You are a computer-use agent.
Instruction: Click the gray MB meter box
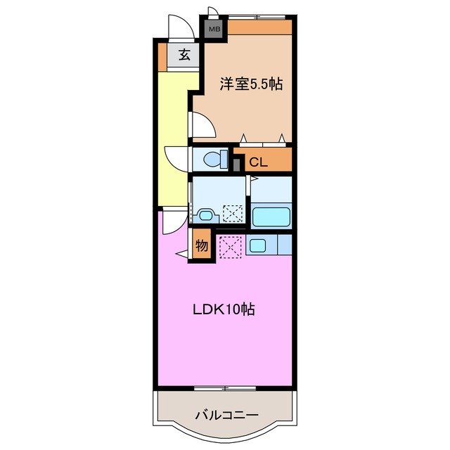click(212, 30)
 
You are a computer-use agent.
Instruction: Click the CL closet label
click(259, 162)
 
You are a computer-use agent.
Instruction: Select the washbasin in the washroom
click(205, 216)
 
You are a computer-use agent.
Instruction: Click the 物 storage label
click(201, 247)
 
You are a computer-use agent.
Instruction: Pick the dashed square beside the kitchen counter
click(230, 247)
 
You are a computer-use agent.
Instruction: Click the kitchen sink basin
click(257, 246)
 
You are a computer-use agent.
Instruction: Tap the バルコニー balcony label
click(223, 414)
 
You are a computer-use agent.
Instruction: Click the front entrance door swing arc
click(181, 29)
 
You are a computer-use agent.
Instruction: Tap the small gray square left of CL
click(237, 165)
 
